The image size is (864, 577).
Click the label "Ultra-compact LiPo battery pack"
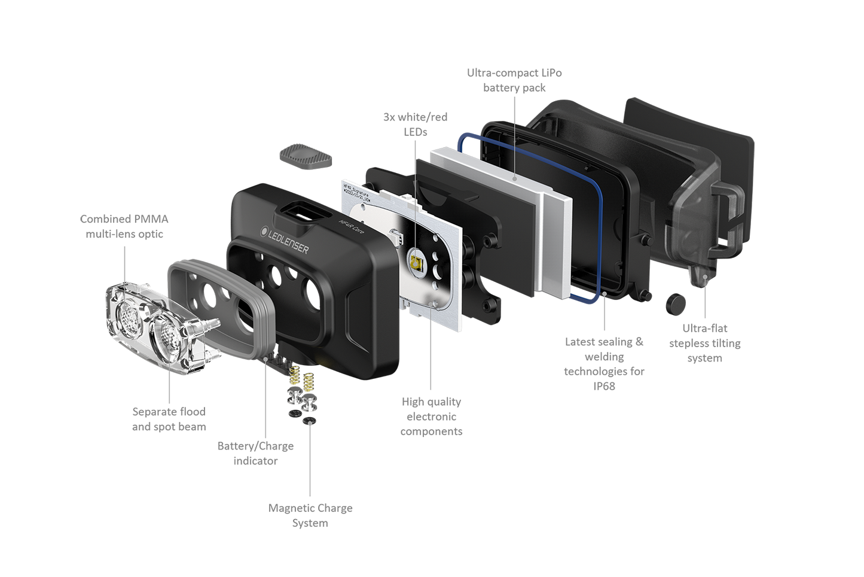[x=514, y=80]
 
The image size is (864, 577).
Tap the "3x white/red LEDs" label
[x=416, y=124]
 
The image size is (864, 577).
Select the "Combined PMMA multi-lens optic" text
[x=124, y=226]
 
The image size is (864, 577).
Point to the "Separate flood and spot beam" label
[x=169, y=419]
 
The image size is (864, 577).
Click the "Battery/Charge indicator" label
[x=255, y=453]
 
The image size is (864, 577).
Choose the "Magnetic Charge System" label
[x=310, y=515]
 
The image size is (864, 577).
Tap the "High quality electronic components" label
[x=431, y=417]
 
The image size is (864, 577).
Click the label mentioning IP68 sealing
[x=604, y=364]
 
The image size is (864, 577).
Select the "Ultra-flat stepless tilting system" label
[x=705, y=343]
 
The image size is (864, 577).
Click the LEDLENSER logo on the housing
[x=285, y=240]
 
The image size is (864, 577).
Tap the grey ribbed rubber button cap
[x=306, y=157]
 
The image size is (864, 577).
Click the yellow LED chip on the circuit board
[x=416, y=264]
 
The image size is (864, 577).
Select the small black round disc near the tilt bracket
[x=676, y=303]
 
